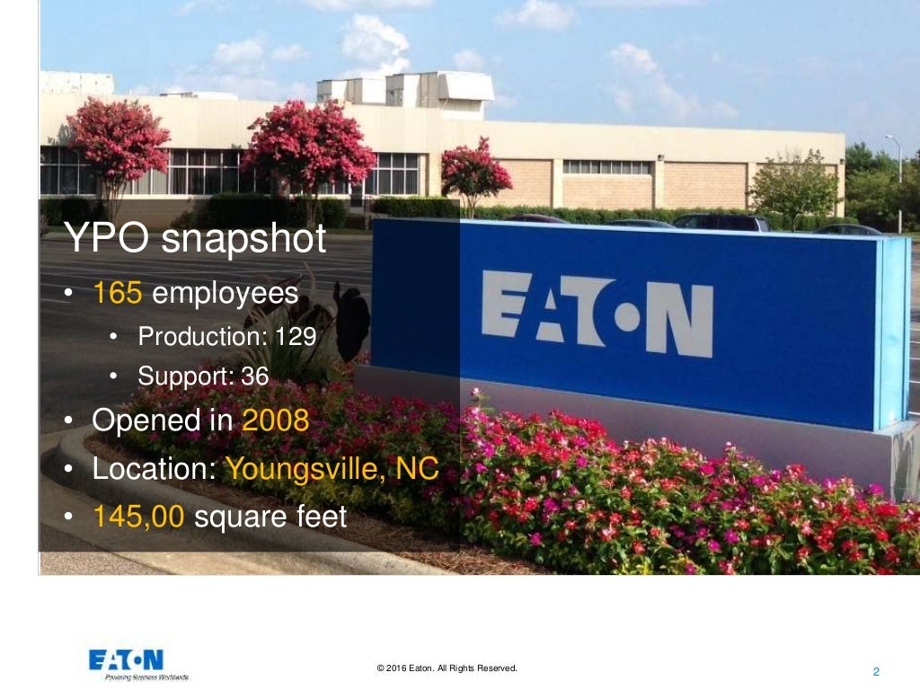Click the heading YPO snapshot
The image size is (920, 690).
(196, 242)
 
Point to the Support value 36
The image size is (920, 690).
(255, 376)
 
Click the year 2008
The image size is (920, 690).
(276, 420)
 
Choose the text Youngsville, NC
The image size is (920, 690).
(332, 469)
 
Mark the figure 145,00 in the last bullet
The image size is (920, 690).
(139, 517)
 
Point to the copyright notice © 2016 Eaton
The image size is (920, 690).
(447, 668)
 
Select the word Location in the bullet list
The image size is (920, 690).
(152, 469)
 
